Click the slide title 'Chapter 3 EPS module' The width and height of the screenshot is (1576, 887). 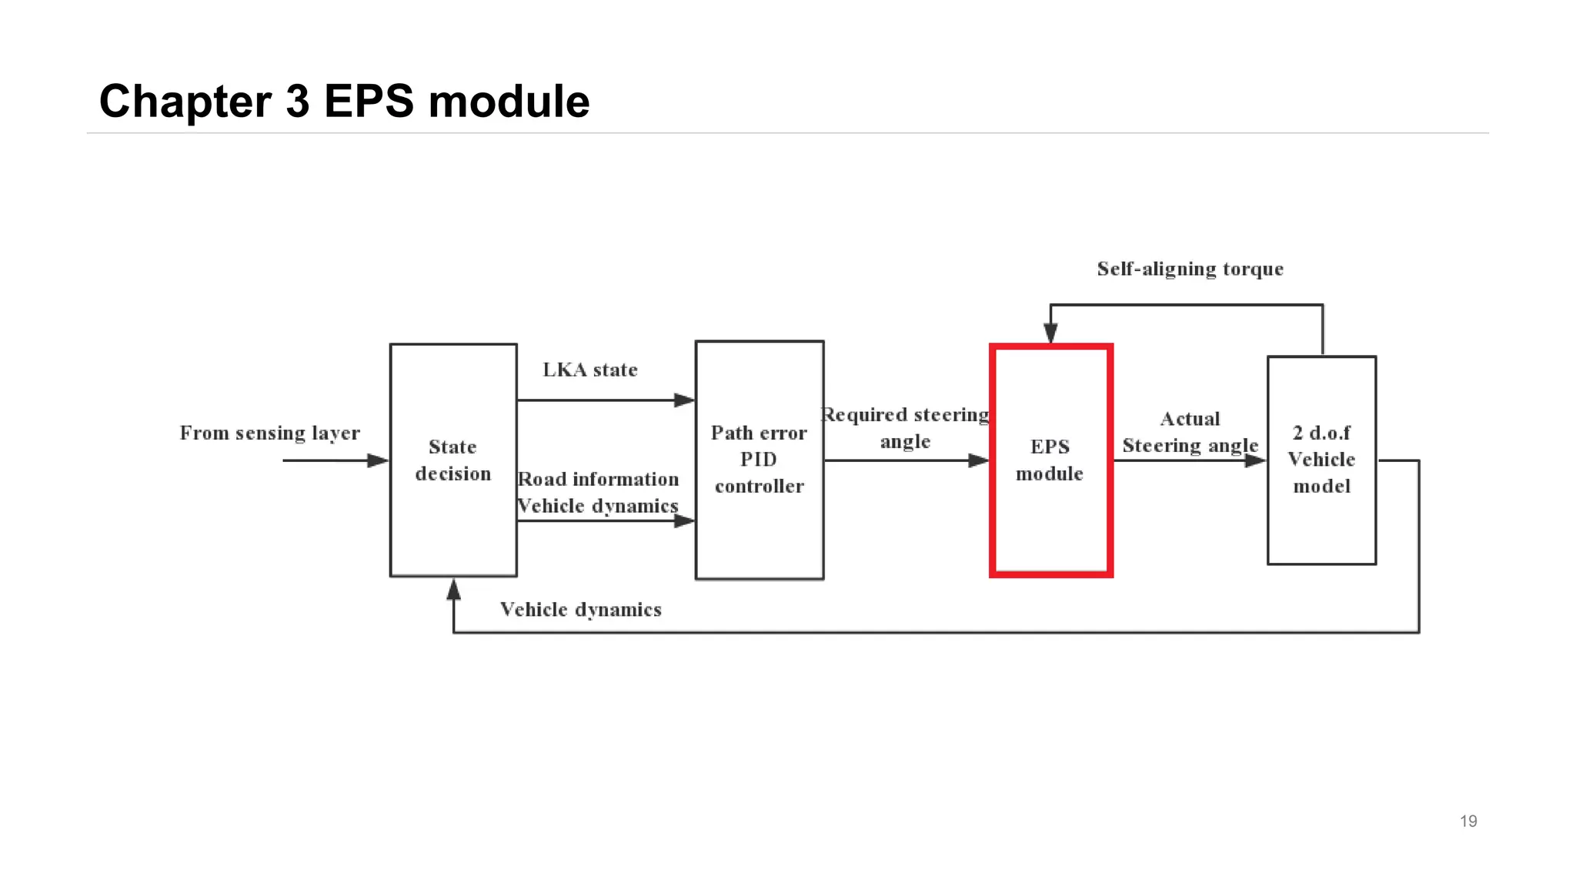[x=344, y=101]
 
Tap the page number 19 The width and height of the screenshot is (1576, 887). [x=1467, y=821]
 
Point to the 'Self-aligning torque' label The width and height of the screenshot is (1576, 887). [x=1190, y=269]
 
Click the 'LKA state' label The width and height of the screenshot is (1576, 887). [x=590, y=370]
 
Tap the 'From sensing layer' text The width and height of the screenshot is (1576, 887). [x=269, y=433]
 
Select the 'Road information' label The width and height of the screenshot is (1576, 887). [x=599, y=479]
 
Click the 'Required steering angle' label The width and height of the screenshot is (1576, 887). [x=906, y=428]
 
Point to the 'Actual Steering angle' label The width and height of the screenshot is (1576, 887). [x=1190, y=432]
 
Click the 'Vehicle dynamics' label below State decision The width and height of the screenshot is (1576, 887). [x=581, y=610]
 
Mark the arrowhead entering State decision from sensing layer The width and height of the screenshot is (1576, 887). [x=378, y=460]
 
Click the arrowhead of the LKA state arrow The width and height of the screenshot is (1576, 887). [x=684, y=400]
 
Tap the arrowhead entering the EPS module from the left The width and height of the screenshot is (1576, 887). [x=978, y=460]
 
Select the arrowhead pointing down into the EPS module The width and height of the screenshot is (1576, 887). [x=1050, y=333]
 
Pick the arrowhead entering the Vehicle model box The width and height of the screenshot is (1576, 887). [x=1255, y=460]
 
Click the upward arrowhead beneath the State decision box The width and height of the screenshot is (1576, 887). [x=454, y=590]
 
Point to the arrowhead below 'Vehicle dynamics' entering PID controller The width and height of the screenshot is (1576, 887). [x=684, y=521]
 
